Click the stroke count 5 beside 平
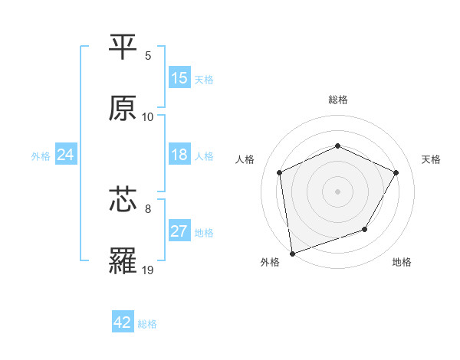point(148,56)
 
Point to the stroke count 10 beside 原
point(148,117)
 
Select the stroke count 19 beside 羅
point(148,270)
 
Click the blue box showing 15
point(179,78)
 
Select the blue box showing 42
point(123,323)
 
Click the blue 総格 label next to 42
point(147,324)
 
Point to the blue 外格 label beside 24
point(41,156)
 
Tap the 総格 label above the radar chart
point(337,100)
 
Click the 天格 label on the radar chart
point(431,159)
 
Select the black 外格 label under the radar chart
point(270,262)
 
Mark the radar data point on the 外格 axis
point(292,253)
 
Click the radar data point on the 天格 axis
point(396,172)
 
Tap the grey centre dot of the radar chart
point(337,191)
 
